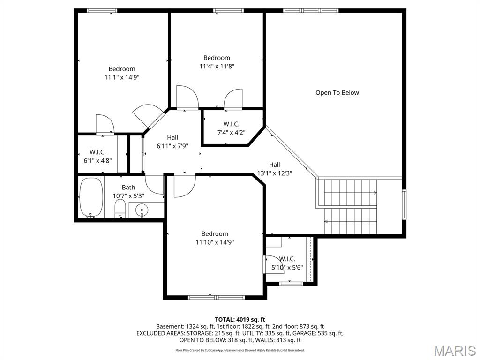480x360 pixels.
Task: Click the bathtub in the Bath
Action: pyautogui.click(x=90, y=198)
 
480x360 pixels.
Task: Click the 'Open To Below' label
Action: pyautogui.click(x=337, y=93)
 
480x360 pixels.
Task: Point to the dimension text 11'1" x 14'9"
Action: pyautogui.click(x=122, y=77)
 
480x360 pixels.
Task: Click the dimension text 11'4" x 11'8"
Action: pyautogui.click(x=217, y=67)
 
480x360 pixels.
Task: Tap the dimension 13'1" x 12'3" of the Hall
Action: pyautogui.click(x=275, y=173)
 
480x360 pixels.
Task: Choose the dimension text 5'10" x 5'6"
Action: pyautogui.click(x=287, y=268)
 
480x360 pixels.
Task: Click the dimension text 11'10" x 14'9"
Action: pyautogui.click(x=215, y=242)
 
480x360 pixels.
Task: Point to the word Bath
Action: pyautogui.click(x=128, y=187)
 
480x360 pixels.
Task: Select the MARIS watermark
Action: pyautogui.click(x=455, y=351)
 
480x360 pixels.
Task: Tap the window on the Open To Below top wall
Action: pyautogui.click(x=310, y=10)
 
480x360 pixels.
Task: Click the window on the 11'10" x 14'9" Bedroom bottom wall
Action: pyautogui.click(x=216, y=297)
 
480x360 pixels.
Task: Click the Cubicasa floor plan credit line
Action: pyautogui.click(x=240, y=350)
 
